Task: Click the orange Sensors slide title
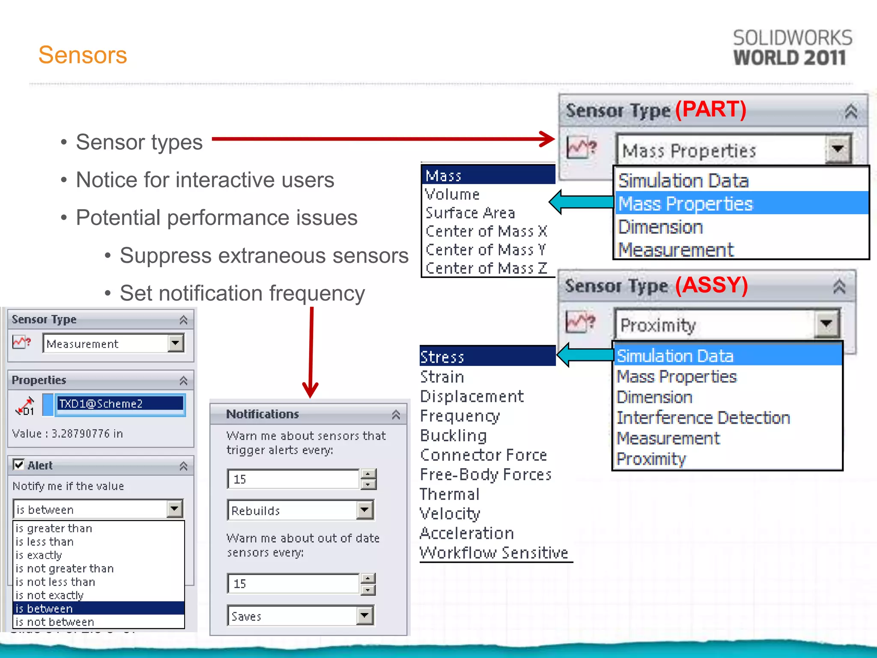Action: (83, 55)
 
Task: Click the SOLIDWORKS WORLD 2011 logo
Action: (792, 48)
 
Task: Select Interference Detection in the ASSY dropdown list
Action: (703, 418)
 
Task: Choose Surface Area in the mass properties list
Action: (470, 213)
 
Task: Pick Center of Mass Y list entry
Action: (485, 250)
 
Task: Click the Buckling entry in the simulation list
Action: (453, 436)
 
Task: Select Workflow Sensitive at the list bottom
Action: (493, 553)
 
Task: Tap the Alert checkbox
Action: (18, 464)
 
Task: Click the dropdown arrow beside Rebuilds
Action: (364, 510)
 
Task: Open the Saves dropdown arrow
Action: (364, 616)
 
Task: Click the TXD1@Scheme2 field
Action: (120, 404)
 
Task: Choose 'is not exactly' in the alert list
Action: (49, 595)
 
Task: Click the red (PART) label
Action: (710, 109)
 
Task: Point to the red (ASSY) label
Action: (711, 285)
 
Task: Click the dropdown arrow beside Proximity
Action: (826, 324)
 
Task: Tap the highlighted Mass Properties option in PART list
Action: (685, 203)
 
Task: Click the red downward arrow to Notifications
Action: (311, 351)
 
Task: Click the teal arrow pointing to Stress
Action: (585, 355)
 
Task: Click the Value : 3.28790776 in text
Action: (67, 434)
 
